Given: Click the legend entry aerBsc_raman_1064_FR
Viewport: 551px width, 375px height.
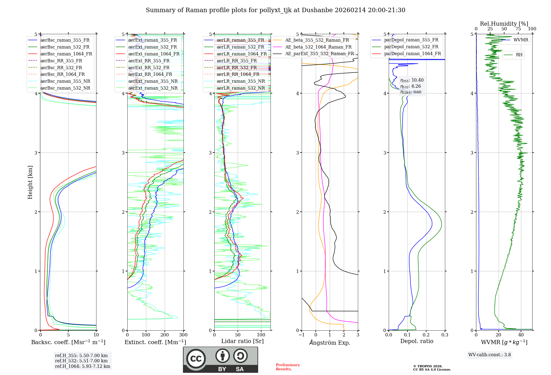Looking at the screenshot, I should tap(66, 54).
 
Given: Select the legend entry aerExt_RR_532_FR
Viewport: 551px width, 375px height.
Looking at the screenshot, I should tap(149, 68).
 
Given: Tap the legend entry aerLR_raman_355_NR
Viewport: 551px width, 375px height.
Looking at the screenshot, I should tap(241, 81).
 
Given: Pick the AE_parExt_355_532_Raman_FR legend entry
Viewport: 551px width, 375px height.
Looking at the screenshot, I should tap(319, 53).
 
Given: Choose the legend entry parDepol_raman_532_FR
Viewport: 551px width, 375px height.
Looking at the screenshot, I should tap(411, 47).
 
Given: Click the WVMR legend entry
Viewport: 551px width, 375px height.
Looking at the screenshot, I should tap(521, 40).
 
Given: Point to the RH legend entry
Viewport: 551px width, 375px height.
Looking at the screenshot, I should tap(519, 55).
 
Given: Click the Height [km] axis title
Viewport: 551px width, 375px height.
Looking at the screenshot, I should tap(30, 182).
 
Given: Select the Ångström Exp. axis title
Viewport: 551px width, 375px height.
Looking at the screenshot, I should tap(330, 343).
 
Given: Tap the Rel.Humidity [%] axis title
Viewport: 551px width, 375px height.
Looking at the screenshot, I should tap(504, 24).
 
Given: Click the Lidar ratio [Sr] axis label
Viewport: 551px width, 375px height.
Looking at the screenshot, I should tap(242, 341).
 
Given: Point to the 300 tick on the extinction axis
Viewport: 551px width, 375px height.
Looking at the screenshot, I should tap(183, 335).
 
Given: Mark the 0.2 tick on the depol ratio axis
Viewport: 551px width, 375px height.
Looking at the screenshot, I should tap(426, 335).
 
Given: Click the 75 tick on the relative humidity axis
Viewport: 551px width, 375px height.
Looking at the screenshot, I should tap(518, 29).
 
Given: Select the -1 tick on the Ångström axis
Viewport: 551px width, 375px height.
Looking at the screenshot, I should tap(302, 335).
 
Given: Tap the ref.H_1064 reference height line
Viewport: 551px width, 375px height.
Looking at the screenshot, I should tap(82, 366).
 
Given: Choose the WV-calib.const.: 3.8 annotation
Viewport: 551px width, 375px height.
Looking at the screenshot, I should tap(490, 355).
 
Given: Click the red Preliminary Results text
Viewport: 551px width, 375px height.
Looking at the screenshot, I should tap(288, 367).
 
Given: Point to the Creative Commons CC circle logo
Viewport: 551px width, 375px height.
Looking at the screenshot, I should tap(196, 359).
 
